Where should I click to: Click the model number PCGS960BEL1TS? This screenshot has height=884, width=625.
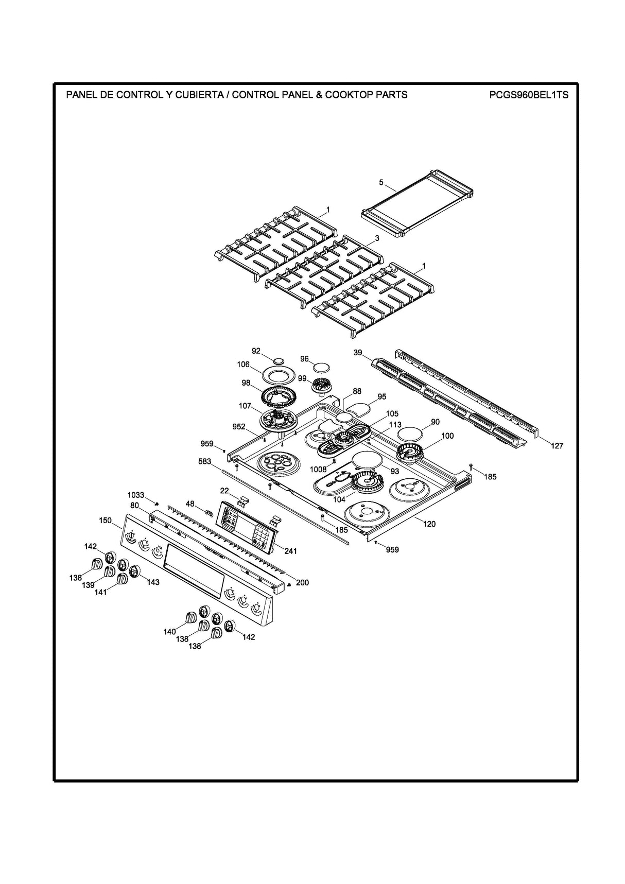529,95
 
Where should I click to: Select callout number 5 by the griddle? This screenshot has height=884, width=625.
381,182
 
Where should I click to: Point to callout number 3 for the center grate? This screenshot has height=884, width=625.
377,238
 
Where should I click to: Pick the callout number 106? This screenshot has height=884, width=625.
243,365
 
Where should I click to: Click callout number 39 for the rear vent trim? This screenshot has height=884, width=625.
358,353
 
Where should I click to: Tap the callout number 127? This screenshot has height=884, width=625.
557,446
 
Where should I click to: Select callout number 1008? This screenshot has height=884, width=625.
318,469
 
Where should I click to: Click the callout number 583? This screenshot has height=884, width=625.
204,462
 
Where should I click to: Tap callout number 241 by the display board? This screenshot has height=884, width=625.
291,551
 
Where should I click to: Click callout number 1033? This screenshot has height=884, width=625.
136,495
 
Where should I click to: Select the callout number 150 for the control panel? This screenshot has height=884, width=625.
105,521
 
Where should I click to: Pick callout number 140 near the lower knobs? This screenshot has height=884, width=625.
170,632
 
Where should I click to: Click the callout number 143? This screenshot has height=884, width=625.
152,582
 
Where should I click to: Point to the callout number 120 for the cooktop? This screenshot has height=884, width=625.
429,524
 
